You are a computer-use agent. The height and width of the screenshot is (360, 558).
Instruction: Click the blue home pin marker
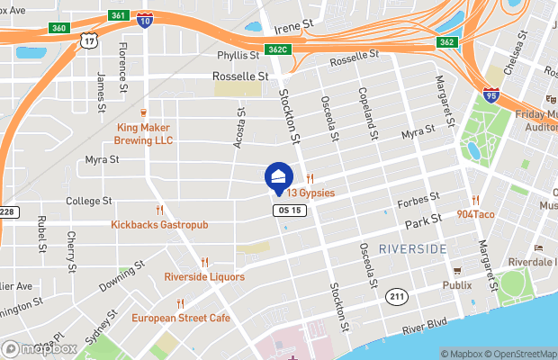point(279,178)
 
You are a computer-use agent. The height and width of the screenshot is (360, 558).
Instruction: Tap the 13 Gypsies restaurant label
point(311,193)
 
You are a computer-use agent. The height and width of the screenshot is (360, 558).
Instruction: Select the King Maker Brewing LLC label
point(144,133)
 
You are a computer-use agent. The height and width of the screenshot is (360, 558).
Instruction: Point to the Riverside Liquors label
point(204,276)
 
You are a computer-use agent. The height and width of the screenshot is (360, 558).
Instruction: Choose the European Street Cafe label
point(180,318)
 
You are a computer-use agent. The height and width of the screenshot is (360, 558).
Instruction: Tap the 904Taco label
point(474,214)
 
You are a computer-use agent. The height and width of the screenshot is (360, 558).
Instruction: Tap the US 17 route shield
point(87,40)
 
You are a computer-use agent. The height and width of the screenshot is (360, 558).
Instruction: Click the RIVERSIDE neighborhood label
point(413,247)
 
